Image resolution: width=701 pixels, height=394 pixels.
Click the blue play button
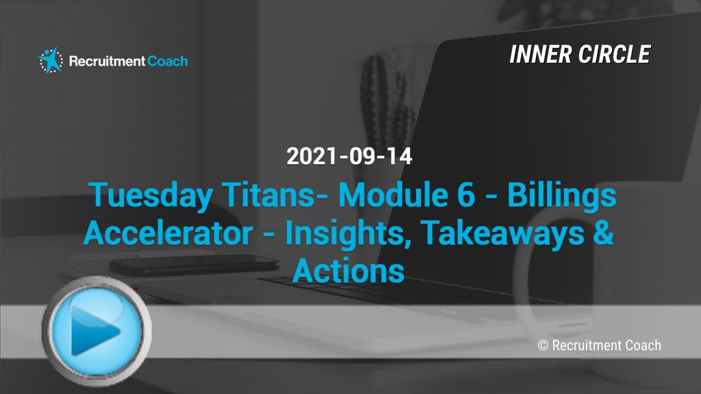[97, 331]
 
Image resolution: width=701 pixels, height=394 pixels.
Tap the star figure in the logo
[51, 60]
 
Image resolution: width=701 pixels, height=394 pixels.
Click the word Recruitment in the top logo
[107, 61]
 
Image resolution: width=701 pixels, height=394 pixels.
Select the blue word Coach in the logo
[168, 61]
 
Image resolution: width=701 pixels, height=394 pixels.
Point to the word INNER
[540, 55]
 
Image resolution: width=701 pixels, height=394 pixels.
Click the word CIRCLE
[614, 55]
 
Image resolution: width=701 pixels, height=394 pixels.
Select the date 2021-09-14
[349, 157]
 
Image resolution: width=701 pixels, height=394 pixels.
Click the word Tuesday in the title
[151, 195]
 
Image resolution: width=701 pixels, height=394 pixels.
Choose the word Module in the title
[393, 195]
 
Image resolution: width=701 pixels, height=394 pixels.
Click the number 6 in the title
[466, 196]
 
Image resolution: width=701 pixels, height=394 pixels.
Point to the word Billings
[561, 196]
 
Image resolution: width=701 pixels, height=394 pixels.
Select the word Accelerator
[168, 233]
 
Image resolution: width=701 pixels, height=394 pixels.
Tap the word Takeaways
[502, 234]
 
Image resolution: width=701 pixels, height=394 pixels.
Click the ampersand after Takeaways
[604, 233]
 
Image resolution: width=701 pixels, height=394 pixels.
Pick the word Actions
[348, 271]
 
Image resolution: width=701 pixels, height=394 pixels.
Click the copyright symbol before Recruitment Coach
[543, 345]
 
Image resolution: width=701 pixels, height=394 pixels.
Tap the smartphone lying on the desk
[194, 264]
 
